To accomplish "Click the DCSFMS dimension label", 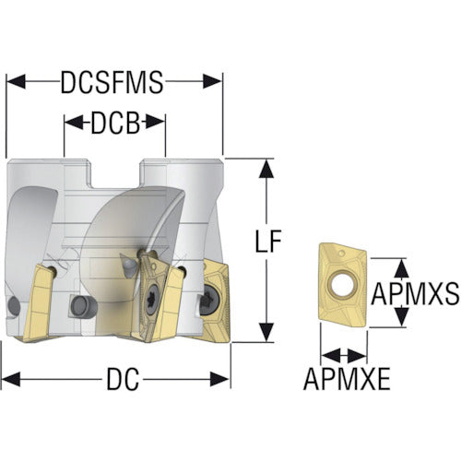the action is point(112,82).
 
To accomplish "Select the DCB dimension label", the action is point(115,123).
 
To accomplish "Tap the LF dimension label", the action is point(268,242).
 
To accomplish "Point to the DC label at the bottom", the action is point(123,379).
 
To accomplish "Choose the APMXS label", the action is point(415,293).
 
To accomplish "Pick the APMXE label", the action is point(347,379).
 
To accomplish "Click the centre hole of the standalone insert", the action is point(343,283).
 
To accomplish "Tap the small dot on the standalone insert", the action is point(341,254).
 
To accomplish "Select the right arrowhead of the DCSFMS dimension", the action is point(212,81).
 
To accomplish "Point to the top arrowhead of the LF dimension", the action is point(266,169).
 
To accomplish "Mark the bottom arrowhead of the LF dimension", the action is point(266,332).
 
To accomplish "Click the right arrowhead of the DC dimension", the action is point(219,379).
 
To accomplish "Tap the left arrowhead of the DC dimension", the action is point(11,379).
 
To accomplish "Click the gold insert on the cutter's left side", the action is point(36,303).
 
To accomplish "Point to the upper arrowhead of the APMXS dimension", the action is point(401,268).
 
